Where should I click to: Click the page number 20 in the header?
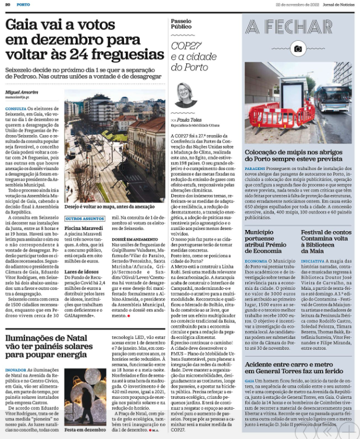click(x=8, y=4)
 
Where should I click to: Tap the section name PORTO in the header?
click(x=23, y=4)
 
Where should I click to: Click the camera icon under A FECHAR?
click(x=298, y=48)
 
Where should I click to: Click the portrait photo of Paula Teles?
click(x=186, y=94)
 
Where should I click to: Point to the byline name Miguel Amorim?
click(x=22, y=92)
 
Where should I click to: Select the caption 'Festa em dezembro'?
click(x=84, y=430)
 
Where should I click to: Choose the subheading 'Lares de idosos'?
click(x=82, y=271)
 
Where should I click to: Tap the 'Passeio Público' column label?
click(x=181, y=23)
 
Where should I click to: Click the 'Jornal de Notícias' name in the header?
click(x=339, y=4)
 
